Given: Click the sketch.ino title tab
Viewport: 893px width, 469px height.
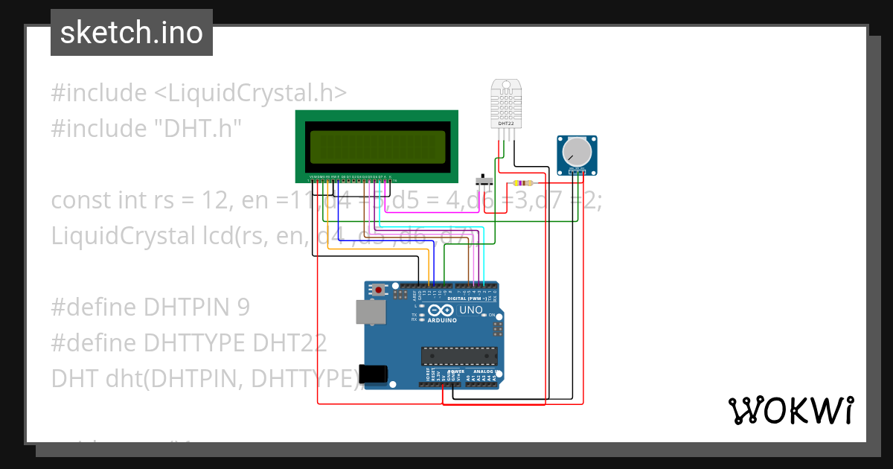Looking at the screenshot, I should click(x=131, y=33).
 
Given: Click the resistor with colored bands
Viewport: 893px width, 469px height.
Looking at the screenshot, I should click(x=524, y=183).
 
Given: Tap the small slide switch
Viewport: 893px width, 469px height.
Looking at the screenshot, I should click(x=484, y=182).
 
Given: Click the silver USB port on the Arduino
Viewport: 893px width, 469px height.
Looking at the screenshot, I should click(x=370, y=312).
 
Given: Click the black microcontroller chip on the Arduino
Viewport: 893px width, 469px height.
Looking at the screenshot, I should click(x=458, y=357).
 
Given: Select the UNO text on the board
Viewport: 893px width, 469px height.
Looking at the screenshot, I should click(x=470, y=310).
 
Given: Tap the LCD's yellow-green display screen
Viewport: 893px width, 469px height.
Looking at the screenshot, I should click(x=377, y=146).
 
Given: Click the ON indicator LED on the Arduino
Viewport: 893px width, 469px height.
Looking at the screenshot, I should click(x=491, y=316).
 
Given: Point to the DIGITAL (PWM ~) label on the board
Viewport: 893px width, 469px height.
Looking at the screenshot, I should click(x=467, y=298).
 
